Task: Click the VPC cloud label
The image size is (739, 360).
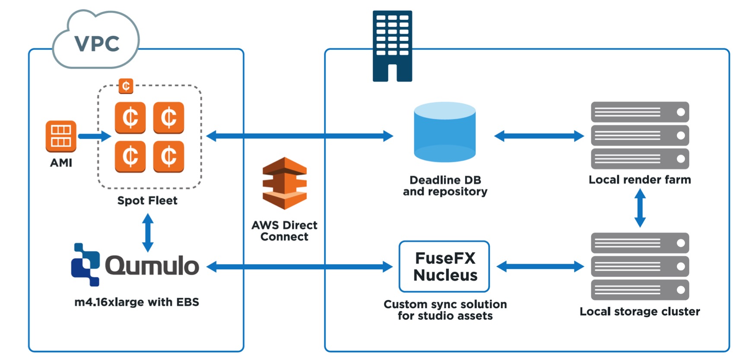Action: pos(97,43)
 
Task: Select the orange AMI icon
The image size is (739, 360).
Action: pos(61,136)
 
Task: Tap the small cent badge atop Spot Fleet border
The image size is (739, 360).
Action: pos(126,86)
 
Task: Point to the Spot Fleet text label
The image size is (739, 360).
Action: pos(147,201)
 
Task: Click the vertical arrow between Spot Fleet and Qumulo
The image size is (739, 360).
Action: pos(148,233)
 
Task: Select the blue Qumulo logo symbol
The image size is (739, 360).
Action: pos(85,264)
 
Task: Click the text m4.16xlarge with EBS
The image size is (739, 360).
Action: pos(136,302)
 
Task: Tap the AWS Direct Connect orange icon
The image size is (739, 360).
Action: pos(285,183)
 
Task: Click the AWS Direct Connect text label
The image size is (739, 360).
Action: pos(284,231)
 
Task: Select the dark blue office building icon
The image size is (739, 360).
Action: pos(392,46)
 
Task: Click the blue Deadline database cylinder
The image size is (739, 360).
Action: pos(444,132)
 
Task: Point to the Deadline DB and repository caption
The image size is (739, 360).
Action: pos(445,186)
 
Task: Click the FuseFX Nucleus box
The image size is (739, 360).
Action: pos(444,266)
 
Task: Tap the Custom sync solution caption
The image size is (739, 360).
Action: pos(445,310)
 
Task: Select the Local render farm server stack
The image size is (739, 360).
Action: pos(640,135)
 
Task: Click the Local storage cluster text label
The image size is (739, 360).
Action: pos(640,312)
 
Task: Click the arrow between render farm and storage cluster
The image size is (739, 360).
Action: pos(640,208)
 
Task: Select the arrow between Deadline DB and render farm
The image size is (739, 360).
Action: pos(539,136)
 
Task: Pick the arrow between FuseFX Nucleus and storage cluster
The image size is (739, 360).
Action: pos(540,266)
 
